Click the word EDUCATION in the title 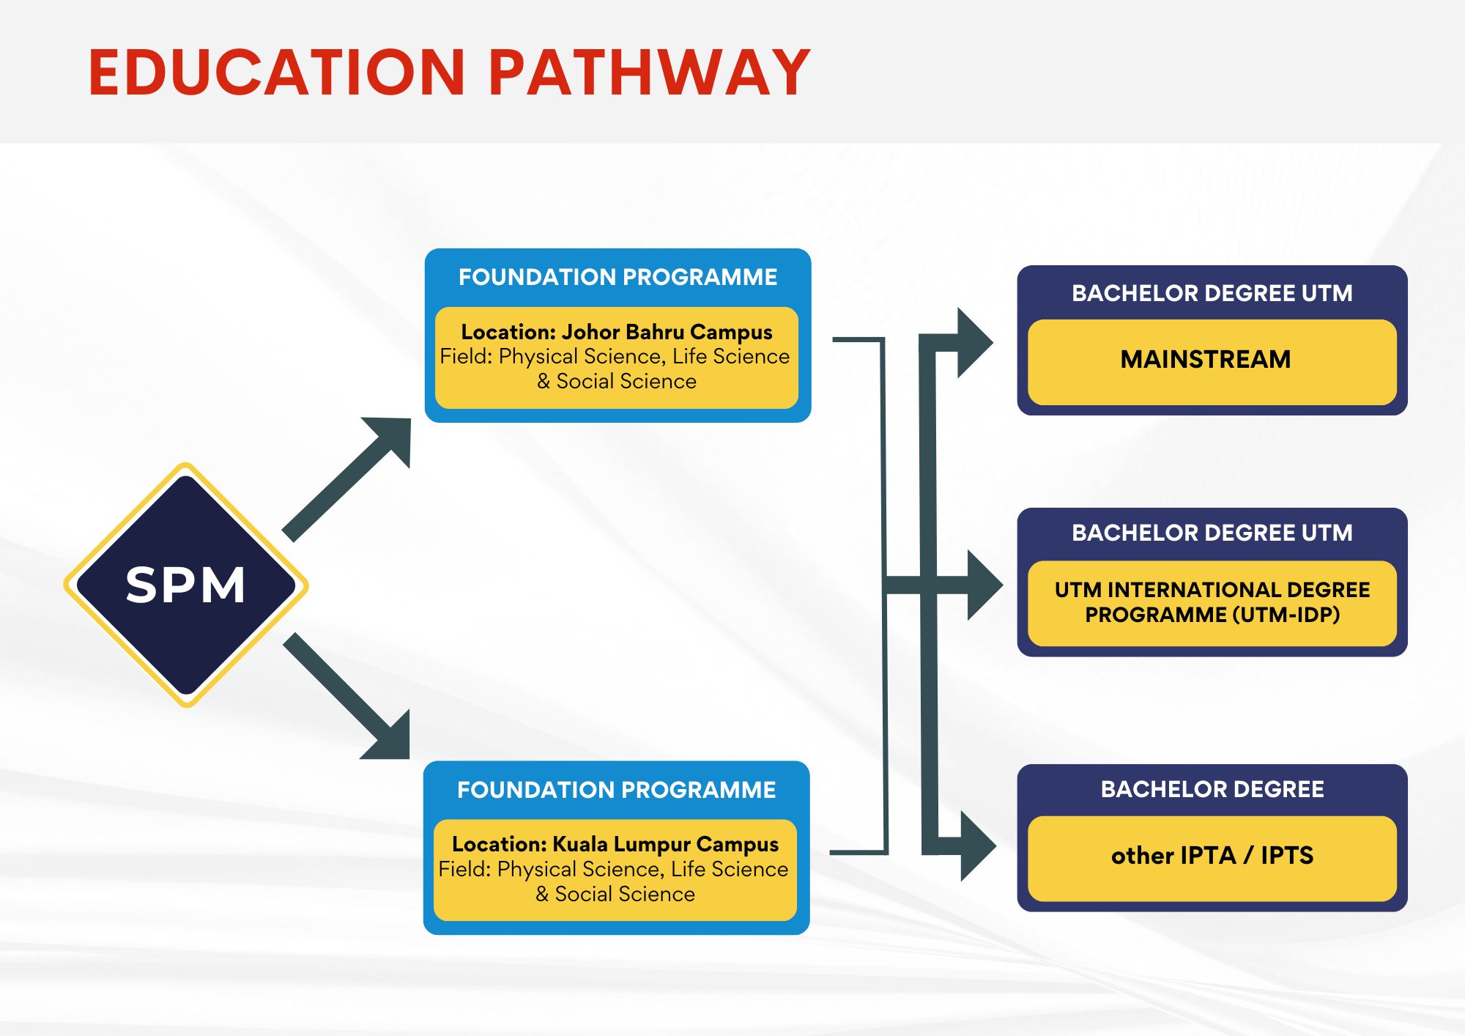[x=277, y=72]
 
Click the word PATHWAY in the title [x=649, y=72]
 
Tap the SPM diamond [x=186, y=585]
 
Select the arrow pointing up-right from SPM [x=346, y=480]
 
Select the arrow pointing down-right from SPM [x=346, y=696]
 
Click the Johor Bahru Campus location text [x=617, y=332]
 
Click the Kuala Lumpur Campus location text [x=615, y=844]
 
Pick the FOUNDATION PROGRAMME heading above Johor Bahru [x=617, y=277]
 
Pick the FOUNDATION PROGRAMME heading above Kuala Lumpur [x=616, y=790]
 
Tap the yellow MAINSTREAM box [x=1212, y=362]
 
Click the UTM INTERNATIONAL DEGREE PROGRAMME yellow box [x=1212, y=603]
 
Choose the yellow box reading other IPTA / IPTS [x=1212, y=858]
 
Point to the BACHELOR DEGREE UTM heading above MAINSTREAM [x=1212, y=293]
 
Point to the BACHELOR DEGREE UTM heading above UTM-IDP [x=1212, y=533]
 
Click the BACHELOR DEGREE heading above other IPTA [x=1212, y=789]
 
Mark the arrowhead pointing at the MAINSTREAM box [x=975, y=343]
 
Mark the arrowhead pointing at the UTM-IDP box [x=985, y=585]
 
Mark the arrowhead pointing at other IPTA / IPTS [x=979, y=846]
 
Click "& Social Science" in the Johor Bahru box [x=617, y=381]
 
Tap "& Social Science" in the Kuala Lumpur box [x=615, y=894]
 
